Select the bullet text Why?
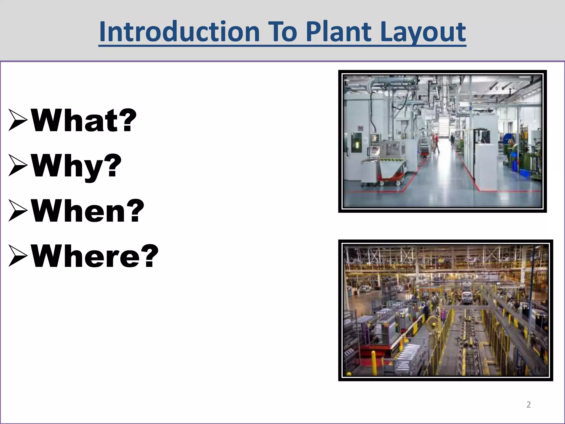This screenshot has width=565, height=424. (x=76, y=166)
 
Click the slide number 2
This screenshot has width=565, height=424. (x=528, y=405)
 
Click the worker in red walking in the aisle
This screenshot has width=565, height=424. (x=435, y=142)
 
